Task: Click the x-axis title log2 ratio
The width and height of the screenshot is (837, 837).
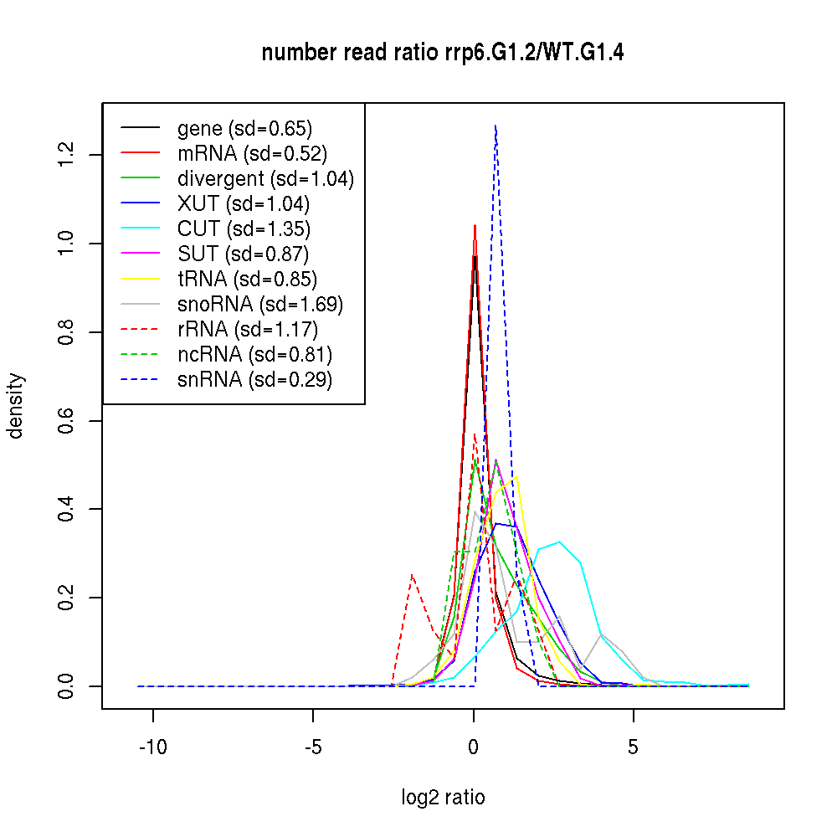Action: tap(443, 798)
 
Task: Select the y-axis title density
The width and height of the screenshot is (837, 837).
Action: tap(16, 405)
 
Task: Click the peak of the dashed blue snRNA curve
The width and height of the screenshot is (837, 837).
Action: tap(496, 126)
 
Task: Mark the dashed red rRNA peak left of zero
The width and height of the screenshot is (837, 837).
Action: tap(412, 575)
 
